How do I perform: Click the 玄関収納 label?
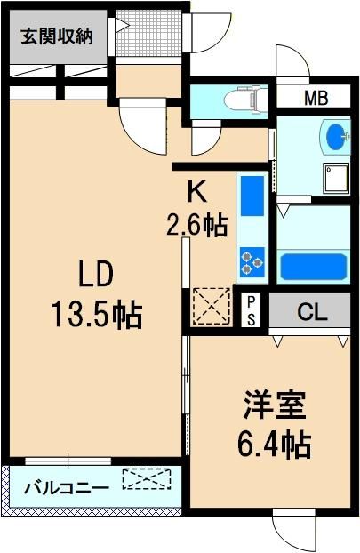[56, 36]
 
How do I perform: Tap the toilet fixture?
[244, 100]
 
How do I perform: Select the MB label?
[316, 98]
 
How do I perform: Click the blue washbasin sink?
[338, 136]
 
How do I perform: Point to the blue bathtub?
[314, 267]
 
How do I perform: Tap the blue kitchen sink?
[252, 196]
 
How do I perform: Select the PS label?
[251, 311]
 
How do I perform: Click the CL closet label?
[312, 312]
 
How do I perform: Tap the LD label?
[96, 274]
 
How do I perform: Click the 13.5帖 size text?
[97, 315]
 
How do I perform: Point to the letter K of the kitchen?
[196, 193]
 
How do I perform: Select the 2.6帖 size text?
[196, 225]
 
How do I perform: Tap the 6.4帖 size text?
[275, 444]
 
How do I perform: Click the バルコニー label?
[67, 488]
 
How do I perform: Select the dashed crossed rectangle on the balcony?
[147, 478]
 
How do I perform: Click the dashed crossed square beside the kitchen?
[212, 306]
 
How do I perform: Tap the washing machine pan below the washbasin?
[336, 179]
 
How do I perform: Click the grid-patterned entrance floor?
[148, 33]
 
